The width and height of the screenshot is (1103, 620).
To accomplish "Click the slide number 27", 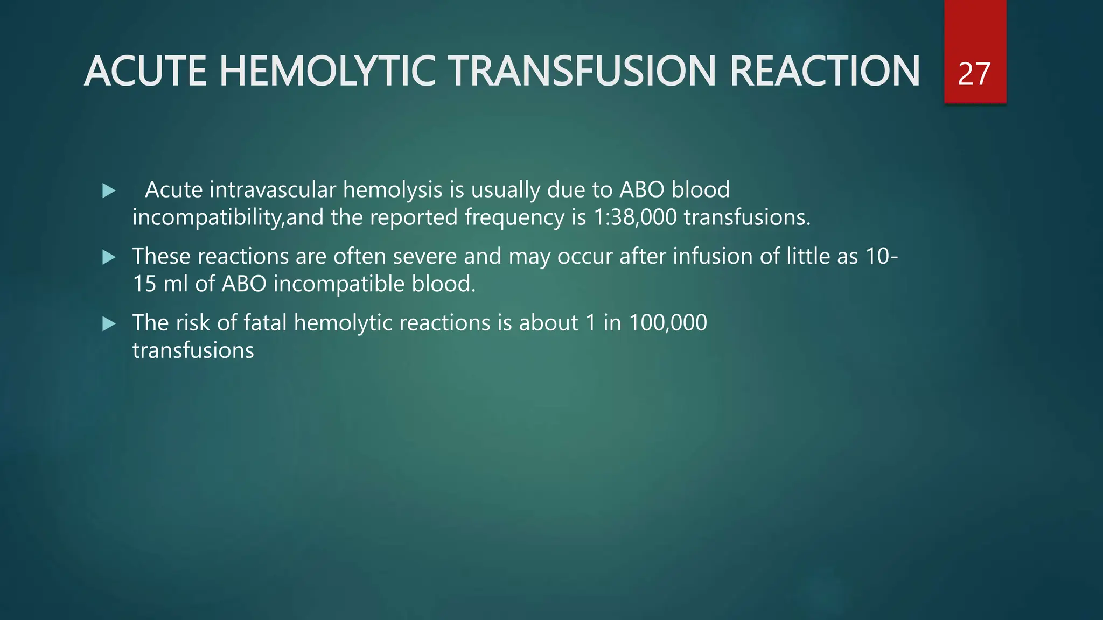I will coord(974,74).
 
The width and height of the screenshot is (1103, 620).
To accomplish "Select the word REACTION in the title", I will coord(825,72).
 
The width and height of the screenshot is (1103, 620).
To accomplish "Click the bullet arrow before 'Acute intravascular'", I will coord(109,191).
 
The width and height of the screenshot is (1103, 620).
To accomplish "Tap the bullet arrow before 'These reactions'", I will coord(109,257).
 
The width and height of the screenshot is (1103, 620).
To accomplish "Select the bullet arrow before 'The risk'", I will coord(109,323).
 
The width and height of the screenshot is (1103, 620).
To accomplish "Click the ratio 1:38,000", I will coord(635,217).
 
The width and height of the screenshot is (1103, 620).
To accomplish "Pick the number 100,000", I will coord(668,323).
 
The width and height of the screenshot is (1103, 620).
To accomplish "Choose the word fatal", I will coord(265,323).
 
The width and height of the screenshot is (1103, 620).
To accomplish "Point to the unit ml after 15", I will coord(175,284).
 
